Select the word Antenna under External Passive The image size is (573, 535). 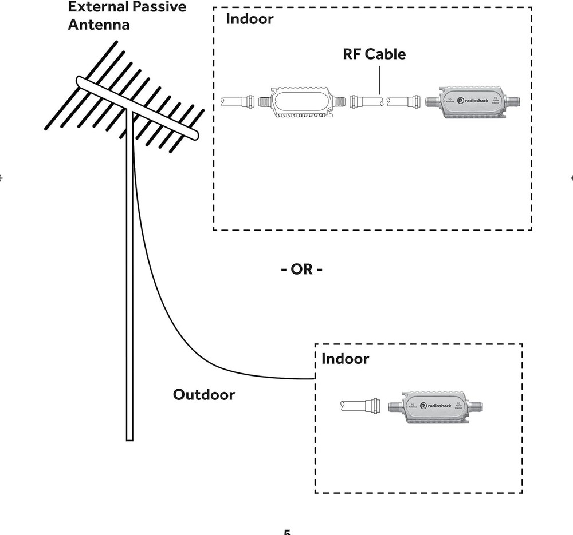click(99, 25)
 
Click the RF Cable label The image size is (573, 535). click(374, 54)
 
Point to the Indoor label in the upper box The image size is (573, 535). click(249, 19)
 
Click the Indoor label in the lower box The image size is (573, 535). click(345, 359)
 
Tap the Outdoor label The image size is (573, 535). click(203, 395)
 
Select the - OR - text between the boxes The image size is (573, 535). click(301, 270)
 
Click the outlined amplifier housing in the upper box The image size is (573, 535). click(301, 102)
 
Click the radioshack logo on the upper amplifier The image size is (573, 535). click(473, 101)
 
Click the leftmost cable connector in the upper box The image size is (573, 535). click(247, 103)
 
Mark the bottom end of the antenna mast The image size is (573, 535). click(129, 438)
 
